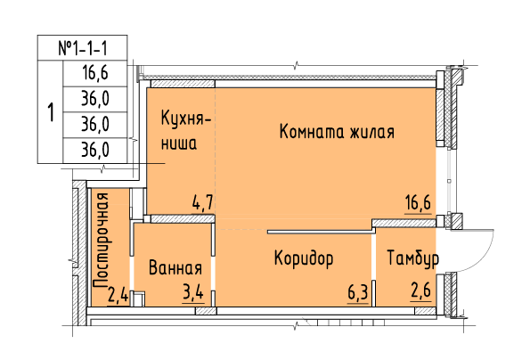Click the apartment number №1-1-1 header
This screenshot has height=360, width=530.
(x=83, y=48)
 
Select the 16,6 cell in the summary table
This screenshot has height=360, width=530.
(x=95, y=73)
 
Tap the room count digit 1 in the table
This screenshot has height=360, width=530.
(x=51, y=112)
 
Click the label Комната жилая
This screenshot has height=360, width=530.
(x=337, y=132)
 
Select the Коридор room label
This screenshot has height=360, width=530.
(x=304, y=258)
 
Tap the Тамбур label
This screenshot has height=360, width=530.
(x=412, y=258)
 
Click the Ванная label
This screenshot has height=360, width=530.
(x=175, y=267)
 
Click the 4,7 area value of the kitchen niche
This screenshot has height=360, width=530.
(x=202, y=202)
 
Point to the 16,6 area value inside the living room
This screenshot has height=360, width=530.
(x=418, y=203)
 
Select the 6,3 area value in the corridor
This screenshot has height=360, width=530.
(x=358, y=292)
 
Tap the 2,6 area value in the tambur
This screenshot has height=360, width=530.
(x=421, y=290)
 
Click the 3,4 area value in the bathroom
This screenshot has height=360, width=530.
(x=193, y=292)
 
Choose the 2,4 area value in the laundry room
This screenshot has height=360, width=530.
(x=118, y=294)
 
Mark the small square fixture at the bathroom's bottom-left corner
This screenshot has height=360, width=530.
(x=139, y=299)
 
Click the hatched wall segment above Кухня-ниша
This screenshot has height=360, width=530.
(x=183, y=84)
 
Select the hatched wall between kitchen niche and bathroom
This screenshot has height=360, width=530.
(x=183, y=218)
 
